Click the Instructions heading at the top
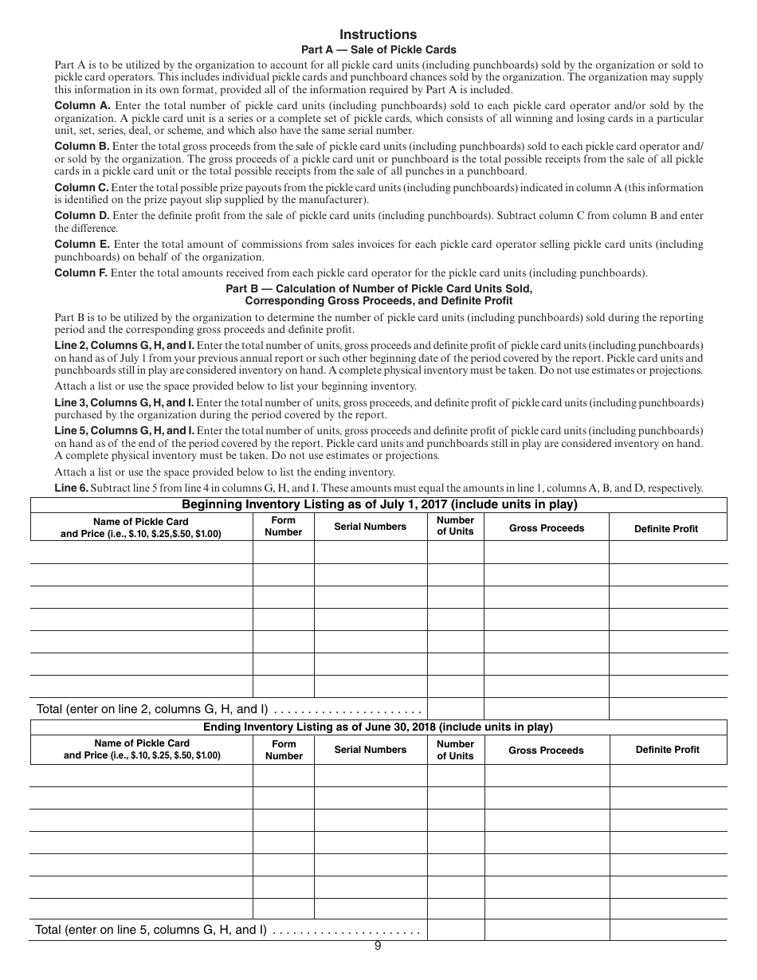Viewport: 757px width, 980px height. click(x=378, y=34)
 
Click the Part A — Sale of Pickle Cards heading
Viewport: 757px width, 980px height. click(x=378, y=49)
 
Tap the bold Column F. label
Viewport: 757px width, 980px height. click(x=81, y=273)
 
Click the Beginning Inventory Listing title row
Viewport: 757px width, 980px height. click(x=378, y=504)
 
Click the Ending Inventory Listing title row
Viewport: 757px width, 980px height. click(x=378, y=727)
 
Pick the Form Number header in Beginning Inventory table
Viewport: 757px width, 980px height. click(x=284, y=526)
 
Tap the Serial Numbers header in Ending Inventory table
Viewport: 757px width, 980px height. click(x=370, y=750)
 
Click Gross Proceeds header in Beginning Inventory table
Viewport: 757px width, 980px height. click(x=547, y=528)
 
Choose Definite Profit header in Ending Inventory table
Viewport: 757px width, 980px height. click(x=667, y=750)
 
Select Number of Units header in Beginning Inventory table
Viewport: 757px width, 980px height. click(x=455, y=526)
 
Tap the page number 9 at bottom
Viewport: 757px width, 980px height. click(x=378, y=946)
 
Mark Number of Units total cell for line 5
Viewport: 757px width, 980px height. click(x=455, y=929)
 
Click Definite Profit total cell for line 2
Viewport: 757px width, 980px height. click(x=668, y=708)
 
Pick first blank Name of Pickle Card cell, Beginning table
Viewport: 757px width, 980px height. click(x=142, y=551)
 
